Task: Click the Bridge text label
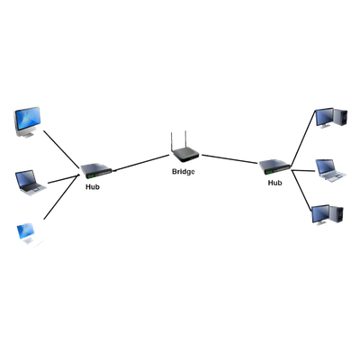pyautogui.click(x=184, y=172)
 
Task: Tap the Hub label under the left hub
pyautogui.click(x=93, y=186)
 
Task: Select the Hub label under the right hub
pyautogui.click(x=274, y=183)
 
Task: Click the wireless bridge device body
pyautogui.click(x=185, y=154)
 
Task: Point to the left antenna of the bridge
pyautogui.click(x=172, y=142)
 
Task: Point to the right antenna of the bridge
pyautogui.click(x=185, y=139)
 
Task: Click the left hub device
pyautogui.click(x=96, y=171)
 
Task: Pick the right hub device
pyautogui.click(x=274, y=167)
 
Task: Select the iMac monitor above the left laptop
pyautogui.click(x=27, y=121)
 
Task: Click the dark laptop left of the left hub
pyautogui.click(x=31, y=183)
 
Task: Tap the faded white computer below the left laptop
pyautogui.click(x=29, y=234)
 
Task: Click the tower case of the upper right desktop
pyautogui.click(x=340, y=117)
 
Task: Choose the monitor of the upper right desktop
pyautogui.click(x=324, y=118)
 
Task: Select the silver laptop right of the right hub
pyautogui.click(x=331, y=171)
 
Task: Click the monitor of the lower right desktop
pyautogui.click(x=320, y=215)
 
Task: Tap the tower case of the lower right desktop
pyautogui.click(x=337, y=214)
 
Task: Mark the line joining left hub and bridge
pyautogui.click(x=141, y=163)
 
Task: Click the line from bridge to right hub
pyautogui.click(x=230, y=159)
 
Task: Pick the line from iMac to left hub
pyautogui.click(x=62, y=148)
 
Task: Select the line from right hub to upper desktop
pyautogui.click(x=303, y=138)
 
